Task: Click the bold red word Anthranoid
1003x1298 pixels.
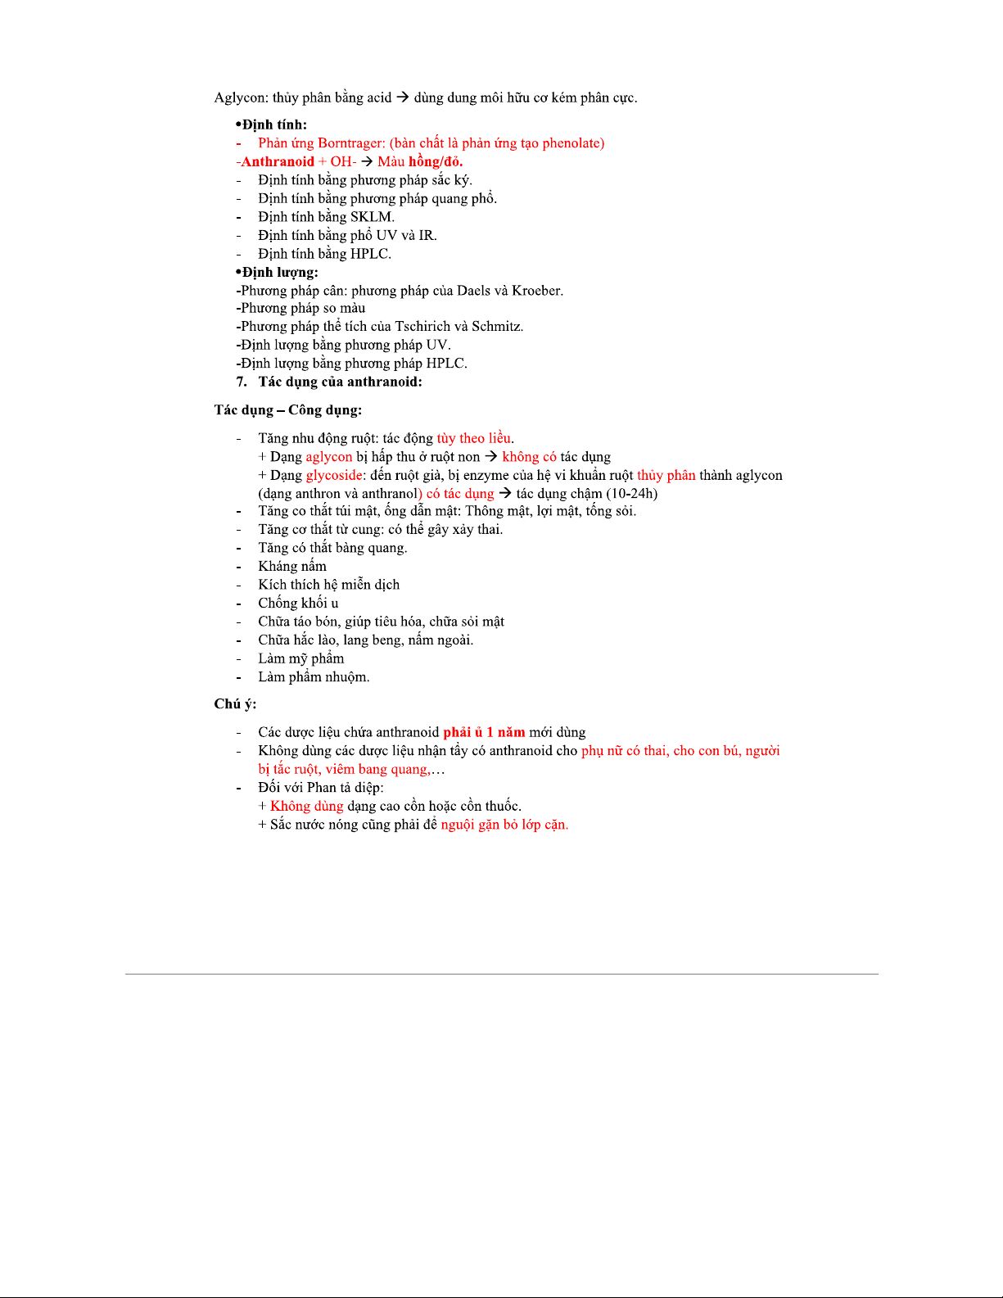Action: point(278,161)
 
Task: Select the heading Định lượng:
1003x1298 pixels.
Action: point(278,272)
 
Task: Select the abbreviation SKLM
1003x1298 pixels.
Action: point(372,217)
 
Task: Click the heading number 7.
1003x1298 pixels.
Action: point(242,382)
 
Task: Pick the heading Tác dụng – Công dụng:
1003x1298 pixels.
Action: point(288,409)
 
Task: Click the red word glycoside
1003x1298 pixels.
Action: point(334,475)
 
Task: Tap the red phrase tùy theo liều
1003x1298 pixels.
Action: point(474,438)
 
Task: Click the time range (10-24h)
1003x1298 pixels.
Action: point(631,493)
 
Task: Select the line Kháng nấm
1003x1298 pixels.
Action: point(292,566)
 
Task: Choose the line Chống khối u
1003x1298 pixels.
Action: point(298,603)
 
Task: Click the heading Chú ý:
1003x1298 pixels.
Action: point(235,703)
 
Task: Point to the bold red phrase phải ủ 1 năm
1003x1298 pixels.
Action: point(484,732)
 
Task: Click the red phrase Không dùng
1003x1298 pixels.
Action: point(307,806)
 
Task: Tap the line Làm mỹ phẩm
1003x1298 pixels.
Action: point(301,658)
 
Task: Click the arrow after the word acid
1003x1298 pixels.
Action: point(403,97)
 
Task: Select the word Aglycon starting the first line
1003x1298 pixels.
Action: point(240,97)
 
